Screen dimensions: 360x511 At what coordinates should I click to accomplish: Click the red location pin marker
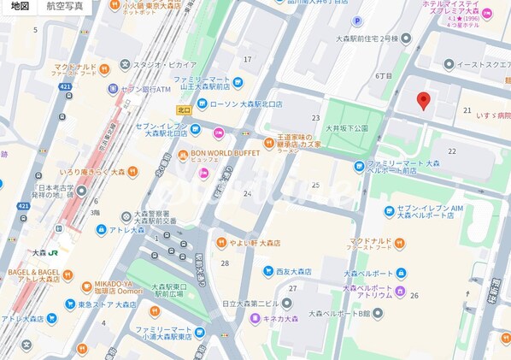422,102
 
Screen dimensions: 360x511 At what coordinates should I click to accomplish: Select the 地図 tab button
19,7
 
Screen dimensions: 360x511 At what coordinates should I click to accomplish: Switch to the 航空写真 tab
65,7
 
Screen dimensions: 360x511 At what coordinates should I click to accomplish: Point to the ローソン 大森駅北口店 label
239,105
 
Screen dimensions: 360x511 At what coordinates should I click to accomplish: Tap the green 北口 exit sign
184,109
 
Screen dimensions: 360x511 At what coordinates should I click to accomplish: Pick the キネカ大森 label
279,319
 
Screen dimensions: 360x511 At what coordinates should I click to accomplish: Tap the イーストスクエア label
483,64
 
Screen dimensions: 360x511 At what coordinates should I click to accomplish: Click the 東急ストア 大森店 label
107,304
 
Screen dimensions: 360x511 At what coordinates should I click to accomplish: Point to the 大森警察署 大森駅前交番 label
154,218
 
